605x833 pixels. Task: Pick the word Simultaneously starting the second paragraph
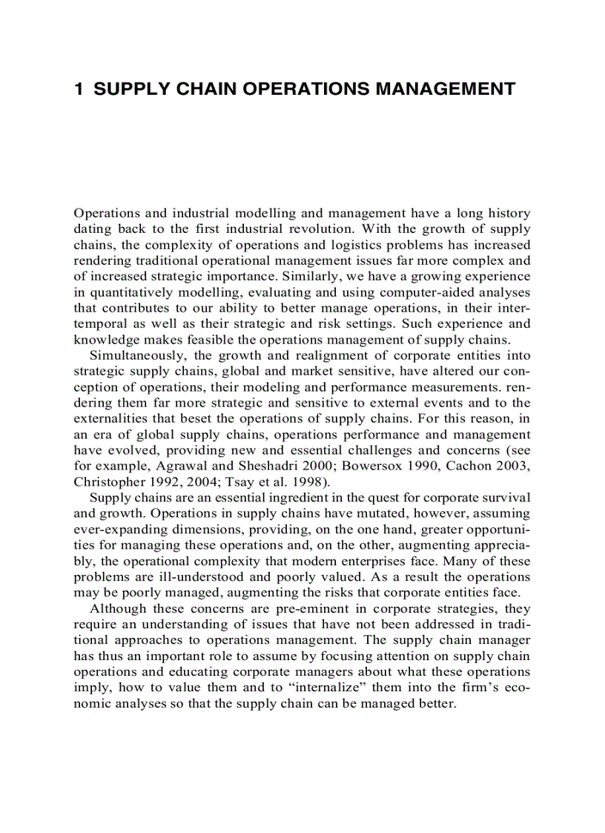[x=137, y=355]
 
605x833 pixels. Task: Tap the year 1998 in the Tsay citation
[x=303, y=481]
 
